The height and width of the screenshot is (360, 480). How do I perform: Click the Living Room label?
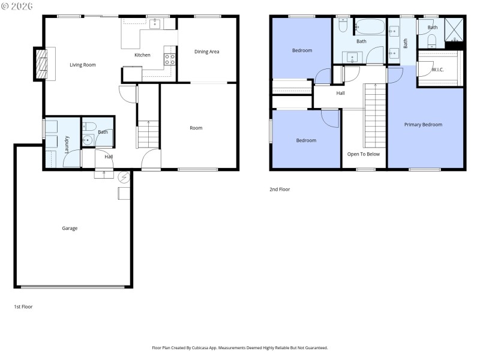(x=82, y=65)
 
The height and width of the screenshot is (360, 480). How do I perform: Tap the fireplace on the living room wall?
(x=42, y=63)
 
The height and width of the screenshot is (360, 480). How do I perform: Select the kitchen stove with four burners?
(x=170, y=59)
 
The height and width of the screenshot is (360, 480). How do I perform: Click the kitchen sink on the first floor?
(x=154, y=23)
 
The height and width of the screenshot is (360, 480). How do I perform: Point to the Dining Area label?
(x=206, y=52)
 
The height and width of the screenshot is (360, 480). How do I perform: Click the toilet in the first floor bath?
(x=88, y=127)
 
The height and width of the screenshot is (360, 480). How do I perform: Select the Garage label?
(x=70, y=228)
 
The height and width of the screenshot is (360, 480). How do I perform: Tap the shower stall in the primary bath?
(x=454, y=29)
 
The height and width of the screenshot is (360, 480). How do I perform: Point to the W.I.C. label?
(x=439, y=70)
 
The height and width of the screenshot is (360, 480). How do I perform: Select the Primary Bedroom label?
(x=423, y=125)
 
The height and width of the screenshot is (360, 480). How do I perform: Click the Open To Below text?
(x=364, y=154)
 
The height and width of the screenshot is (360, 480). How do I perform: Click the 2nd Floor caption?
(x=280, y=190)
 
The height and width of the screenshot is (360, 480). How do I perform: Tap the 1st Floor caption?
(x=23, y=307)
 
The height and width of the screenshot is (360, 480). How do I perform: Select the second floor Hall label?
(x=340, y=93)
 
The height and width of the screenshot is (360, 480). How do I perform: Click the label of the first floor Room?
(x=196, y=128)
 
